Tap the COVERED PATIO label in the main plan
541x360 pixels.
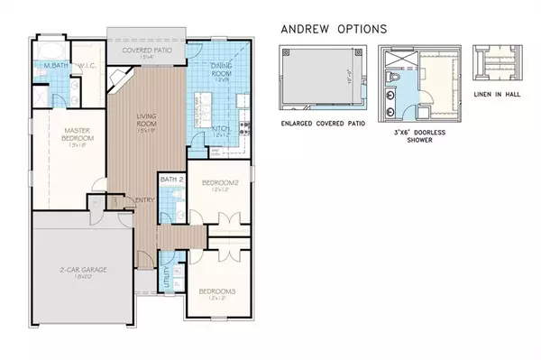(x=147, y=51)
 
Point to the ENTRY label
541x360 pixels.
(x=144, y=201)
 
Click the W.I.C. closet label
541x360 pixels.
(x=87, y=66)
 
